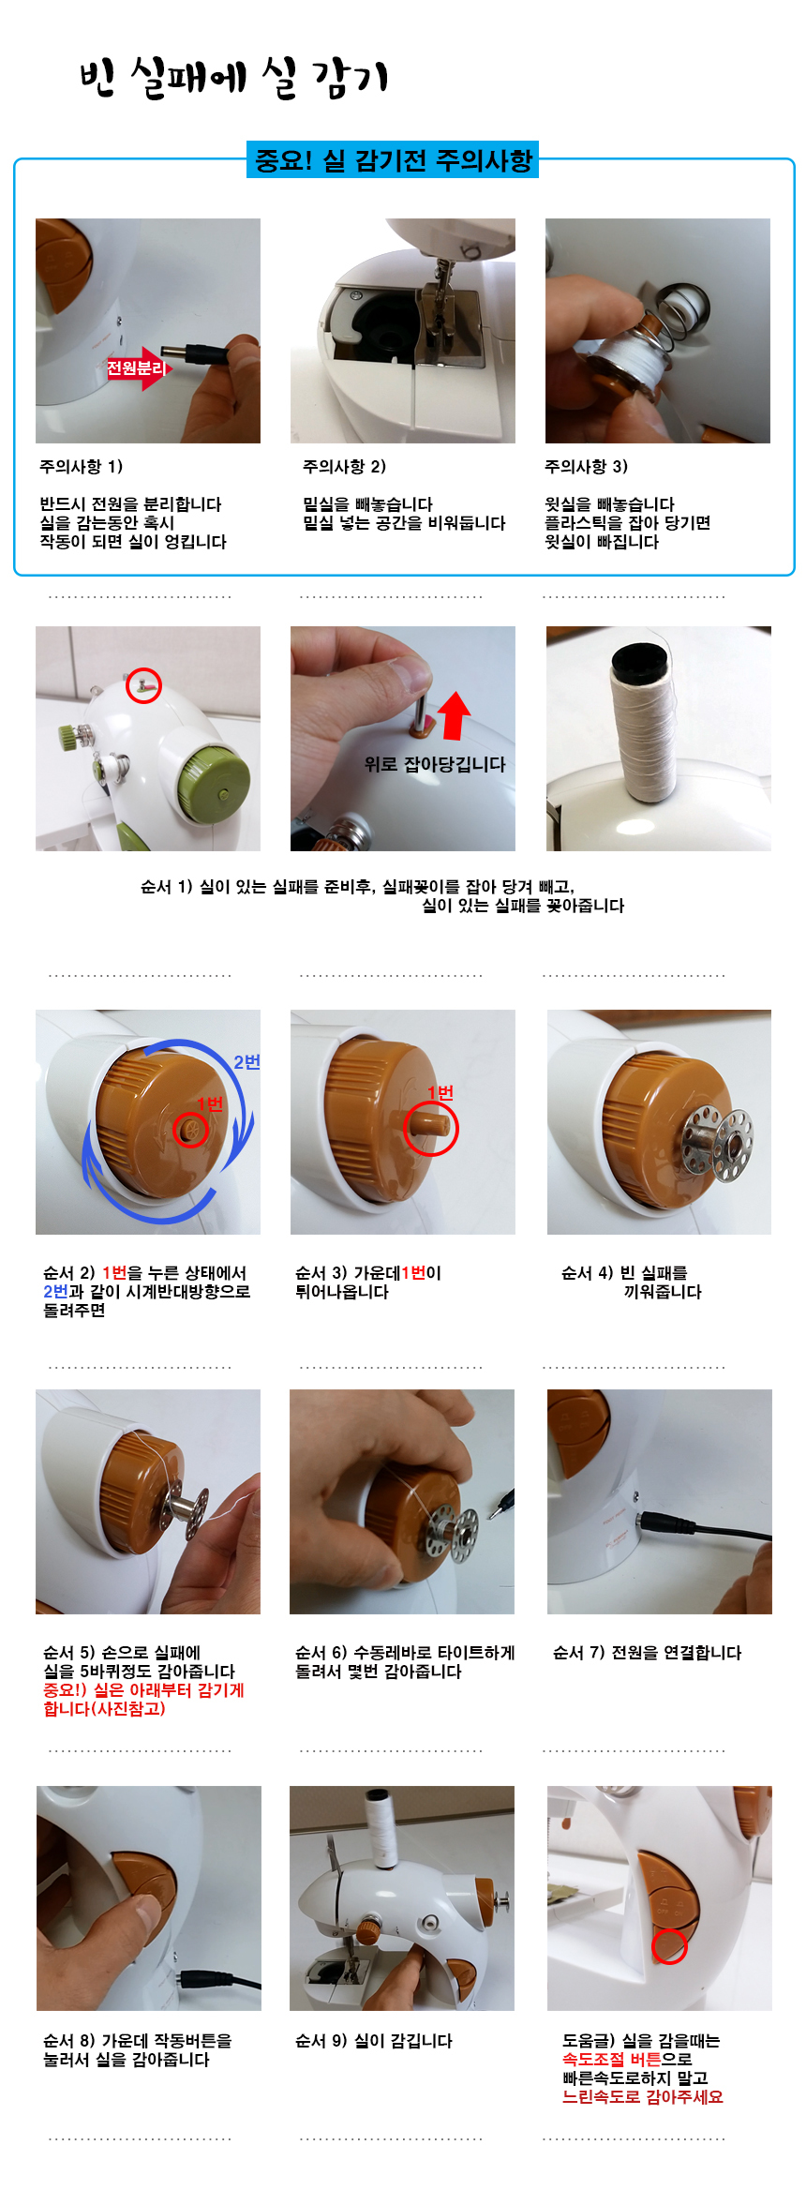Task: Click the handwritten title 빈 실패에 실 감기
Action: click(233, 78)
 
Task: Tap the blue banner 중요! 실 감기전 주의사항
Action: click(393, 160)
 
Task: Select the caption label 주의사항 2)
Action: click(344, 466)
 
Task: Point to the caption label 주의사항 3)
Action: click(587, 466)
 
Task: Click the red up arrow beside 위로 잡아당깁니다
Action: click(455, 715)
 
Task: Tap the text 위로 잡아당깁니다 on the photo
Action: click(435, 764)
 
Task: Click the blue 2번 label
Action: click(246, 1061)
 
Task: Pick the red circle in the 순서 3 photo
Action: click(431, 1128)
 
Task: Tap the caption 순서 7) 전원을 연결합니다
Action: click(648, 1652)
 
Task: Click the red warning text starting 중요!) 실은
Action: click(143, 1699)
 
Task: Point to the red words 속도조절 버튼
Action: click(612, 2059)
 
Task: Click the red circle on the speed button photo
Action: click(669, 1946)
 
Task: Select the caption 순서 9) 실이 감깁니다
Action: click(374, 2040)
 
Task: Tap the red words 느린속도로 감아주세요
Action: click(643, 2096)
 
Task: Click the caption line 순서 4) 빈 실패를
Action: click(624, 1272)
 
